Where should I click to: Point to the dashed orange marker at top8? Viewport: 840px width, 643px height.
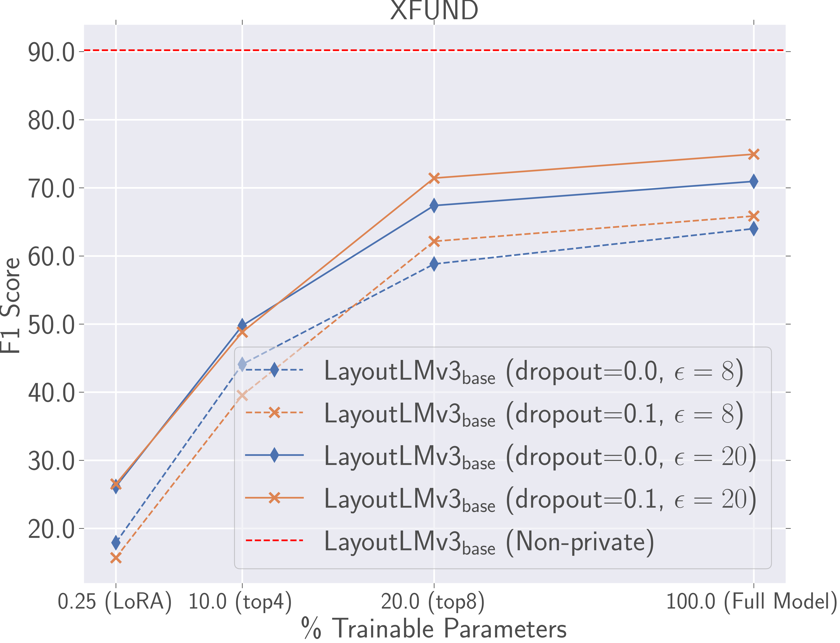[x=434, y=241]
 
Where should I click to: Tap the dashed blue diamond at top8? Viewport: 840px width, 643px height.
[x=434, y=264]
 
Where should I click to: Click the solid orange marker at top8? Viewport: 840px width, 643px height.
[x=434, y=178]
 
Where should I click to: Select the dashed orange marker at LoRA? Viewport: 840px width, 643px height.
[x=116, y=558]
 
